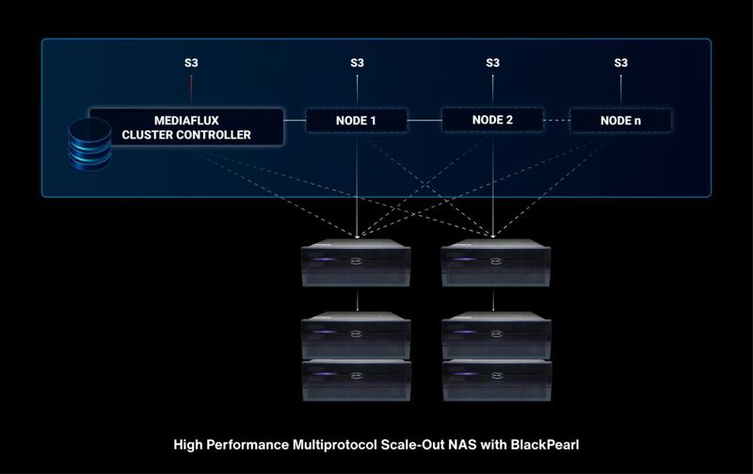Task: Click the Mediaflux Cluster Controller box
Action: pyautogui.click(x=186, y=127)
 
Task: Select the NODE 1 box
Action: pyautogui.click(x=357, y=120)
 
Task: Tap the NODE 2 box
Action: pyautogui.click(x=492, y=120)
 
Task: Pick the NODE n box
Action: pyautogui.click(x=621, y=121)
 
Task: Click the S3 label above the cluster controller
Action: pyautogui.click(x=191, y=63)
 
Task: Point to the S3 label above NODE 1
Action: pyautogui.click(x=357, y=63)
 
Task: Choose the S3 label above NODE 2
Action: pyautogui.click(x=492, y=63)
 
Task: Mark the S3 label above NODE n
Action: pyautogui.click(x=621, y=63)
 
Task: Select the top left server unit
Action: pyautogui.click(x=357, y=263)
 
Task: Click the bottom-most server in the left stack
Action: pyautogui.click(x=357, y=380)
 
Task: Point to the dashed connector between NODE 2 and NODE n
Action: pyautogui.click(x=558, y=121)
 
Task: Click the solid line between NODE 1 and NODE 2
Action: pyautogui.click(x=425, y=120)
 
